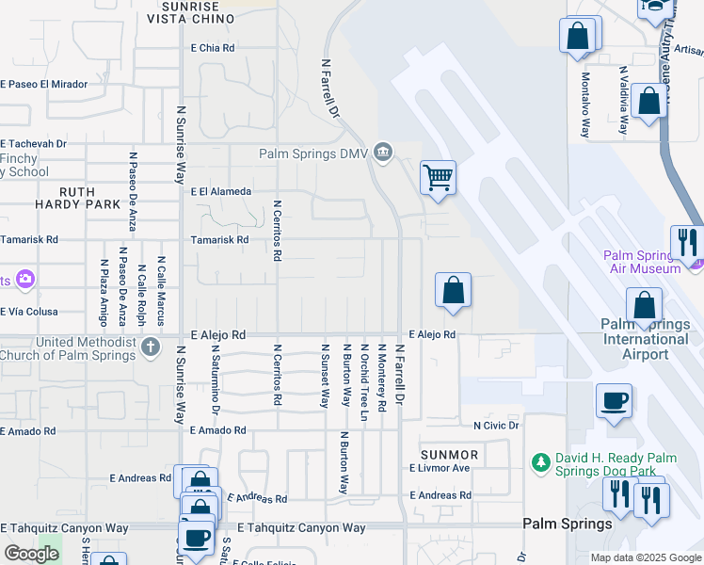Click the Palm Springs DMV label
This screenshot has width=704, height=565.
(x=315, y=153)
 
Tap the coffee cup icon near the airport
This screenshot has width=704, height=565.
(x=614, y=401)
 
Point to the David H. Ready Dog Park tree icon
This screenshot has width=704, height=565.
(x=540, y=462)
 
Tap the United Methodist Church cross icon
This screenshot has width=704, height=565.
(x=151, y=348)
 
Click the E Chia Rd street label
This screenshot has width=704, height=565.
(x=213, y=47)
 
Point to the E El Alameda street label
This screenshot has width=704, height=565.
(x=221, y=191)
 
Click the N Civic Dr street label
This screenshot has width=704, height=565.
(x=496, y=426)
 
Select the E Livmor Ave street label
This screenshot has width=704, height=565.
(x=440, y=468)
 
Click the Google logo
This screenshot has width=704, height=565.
(x=31, y=554)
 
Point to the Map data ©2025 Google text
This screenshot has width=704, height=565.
(x=644, y=557)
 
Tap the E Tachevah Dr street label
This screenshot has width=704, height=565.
(x=33, y=144)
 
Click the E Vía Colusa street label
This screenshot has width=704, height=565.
(x=29, y=312)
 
